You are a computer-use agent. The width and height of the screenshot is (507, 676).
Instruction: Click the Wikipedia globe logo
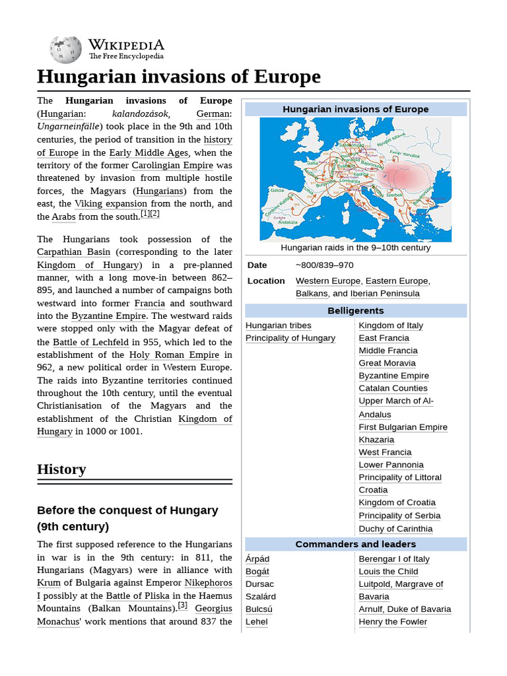pyautogui.click(x=65, y=50)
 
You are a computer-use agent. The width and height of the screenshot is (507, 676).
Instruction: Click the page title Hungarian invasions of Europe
pyautogui.click(x=178, y=77)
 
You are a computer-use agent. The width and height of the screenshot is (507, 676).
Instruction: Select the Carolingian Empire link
pyautogui.click(x=172, y=165)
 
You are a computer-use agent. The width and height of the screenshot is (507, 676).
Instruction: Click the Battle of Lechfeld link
pyautogui.click(x=90, y=342)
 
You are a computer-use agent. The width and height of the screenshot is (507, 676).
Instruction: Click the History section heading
pyautogui.click(x=61, y=469)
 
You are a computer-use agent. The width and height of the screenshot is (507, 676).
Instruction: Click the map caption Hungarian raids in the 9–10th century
pyautogui.click(x=355, y=248)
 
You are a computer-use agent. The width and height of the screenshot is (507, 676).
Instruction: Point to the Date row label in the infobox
pyautogui.click(x=257, y=265)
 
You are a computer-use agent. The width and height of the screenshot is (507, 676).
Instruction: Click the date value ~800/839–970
pyautogui.click(x=324, y=265)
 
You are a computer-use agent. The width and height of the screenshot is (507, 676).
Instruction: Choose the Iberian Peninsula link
pyautogui.click(x=385, y=293)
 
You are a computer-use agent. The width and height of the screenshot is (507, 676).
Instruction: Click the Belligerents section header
pyautogui.click(x=355, y=310)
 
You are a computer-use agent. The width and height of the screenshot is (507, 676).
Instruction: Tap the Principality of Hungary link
pyautogui.click(x=290, y=338)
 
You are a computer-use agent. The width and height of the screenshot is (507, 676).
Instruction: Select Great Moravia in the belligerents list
pyautogui.click(x=387, y=363)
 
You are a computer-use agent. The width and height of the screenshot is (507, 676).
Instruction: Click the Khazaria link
pyautogui.click(x=376, y=440)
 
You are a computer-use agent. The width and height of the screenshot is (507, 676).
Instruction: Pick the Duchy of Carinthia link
pyautogui.click(x=395, y=529)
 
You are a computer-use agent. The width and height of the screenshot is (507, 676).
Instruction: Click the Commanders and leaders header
pyautogui.click(x=355, y=544)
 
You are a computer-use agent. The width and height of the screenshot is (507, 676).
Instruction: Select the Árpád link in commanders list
pyautogui.click(x=257, y=558)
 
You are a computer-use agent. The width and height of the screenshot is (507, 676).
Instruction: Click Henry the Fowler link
pyautogui.click(x=393, y=622)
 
